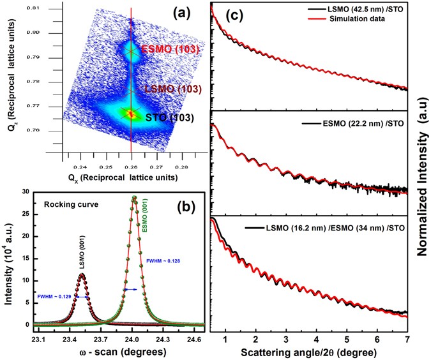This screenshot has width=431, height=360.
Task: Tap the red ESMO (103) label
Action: pyautogui.click(x=162, y=49)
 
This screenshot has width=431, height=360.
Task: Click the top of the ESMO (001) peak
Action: pyautogui.click(x=134, y=197)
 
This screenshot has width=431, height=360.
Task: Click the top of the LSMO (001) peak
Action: pyautogui.click(x=82, y=274)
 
